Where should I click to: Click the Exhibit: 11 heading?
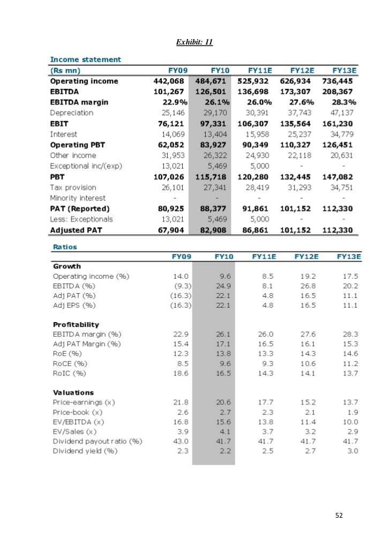pyautogui.click(x=194, y=42)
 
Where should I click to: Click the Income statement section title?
pyautogui.click(x=85, y=59)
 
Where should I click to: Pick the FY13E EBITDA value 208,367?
pyautogui.click(x=341, y=92)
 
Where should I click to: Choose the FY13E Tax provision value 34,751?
pyautogui.click(x=343, y=187)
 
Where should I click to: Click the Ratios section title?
pyautogui.click(x=65, y=247)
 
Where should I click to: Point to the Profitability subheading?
pyautogui.click(x=76, y=325)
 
